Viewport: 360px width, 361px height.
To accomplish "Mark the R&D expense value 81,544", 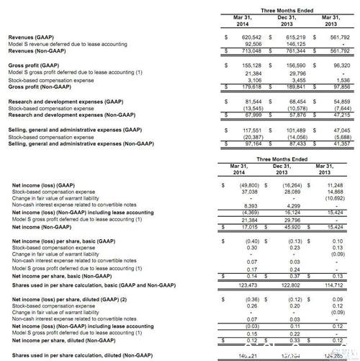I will click(x=250, y=102).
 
